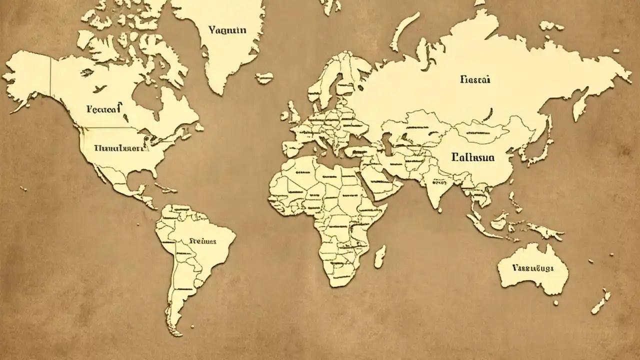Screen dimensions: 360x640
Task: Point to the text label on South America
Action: (203, 241)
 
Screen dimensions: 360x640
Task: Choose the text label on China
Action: (472, 157)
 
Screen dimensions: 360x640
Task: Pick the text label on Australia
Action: (533, 268)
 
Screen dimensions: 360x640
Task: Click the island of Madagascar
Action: (380, 256)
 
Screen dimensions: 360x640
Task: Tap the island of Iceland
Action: (264, 77)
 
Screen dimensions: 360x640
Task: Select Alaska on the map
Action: (27, 75)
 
